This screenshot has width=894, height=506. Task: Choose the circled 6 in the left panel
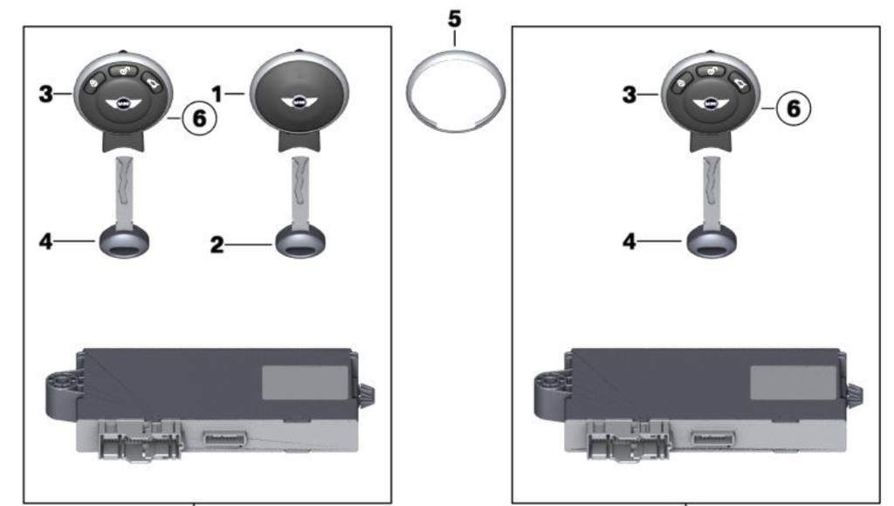pyautogui.click(x=200, y=119)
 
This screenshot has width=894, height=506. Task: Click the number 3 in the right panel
pyautogui.click(x=629, y=94)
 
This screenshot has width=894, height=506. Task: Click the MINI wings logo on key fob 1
pyautogui.click(x=299, y=103)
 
